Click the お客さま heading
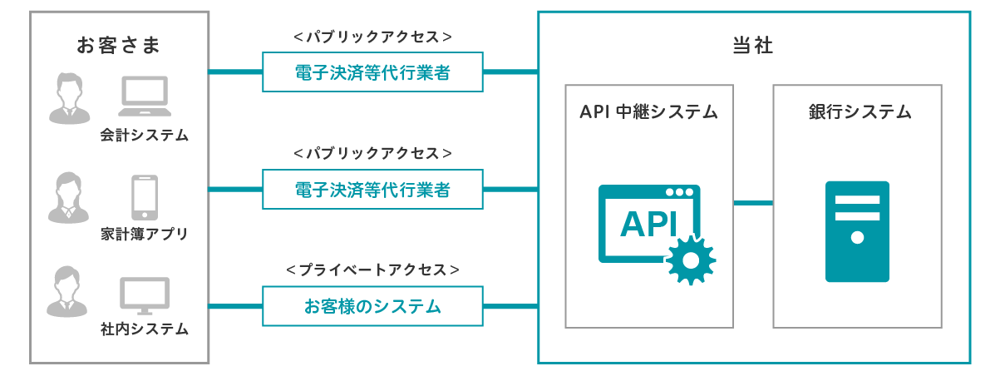click(x=118, y=45)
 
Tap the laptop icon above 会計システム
click(x=145, y=96)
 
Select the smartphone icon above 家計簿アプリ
click(x=145, y=197)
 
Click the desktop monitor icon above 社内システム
click(x=145, y=295)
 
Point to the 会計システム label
click(x=144, y=135)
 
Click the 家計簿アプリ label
click(x=144, y=234)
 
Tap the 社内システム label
click(x=144, y=329)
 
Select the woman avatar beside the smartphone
click(x=68, y=197)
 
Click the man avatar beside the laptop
click(x=69, y=98)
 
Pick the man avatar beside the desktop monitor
click(x=67, y=292)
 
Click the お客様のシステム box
click(x=372, y=306)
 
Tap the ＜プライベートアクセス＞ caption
click(x=372, y=270)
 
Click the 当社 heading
click(x=752, y=45)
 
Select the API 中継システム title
click(x=648, y=111)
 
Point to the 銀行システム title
click(x=860, y=111)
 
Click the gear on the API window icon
click(x=691, y=261)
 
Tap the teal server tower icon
click(x=857, y=231)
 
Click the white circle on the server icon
click(x=857, y=238)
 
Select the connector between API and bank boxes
click(x=753, y=203)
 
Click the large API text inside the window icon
click(x=649, y=224)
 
